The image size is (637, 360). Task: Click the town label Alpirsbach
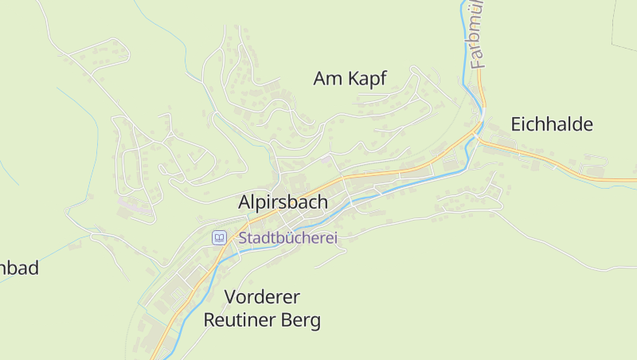tap(283, 202)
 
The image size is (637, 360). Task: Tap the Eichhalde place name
tap(552, 124)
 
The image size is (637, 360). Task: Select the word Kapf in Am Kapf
tap(367, 78)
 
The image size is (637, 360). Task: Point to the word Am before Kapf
tap(327, 78)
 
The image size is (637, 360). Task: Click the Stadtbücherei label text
tap(288, 237)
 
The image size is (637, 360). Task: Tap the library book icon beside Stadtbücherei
tap(219, 237)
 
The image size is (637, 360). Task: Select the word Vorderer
tap(262, 297)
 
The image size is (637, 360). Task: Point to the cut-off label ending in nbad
tap(19, 268)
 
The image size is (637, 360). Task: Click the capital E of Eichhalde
tap(516, 124)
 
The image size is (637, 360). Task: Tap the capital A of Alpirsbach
tap(244, 202)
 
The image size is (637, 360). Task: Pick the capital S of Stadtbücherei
tap(244, 237)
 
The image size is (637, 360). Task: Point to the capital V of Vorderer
tap(231, 297)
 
